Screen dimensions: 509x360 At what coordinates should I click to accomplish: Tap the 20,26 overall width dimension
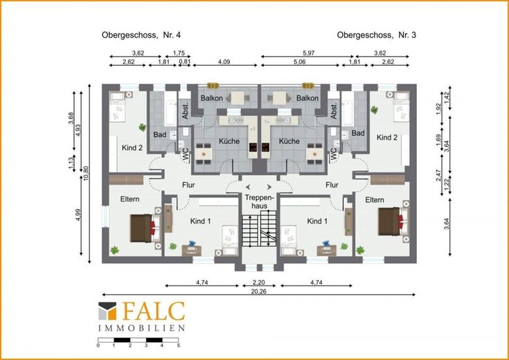pos(259,291)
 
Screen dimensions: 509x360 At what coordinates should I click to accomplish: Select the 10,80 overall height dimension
pos(86,174)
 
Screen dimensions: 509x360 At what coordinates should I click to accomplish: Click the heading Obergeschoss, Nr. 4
pos(141,35)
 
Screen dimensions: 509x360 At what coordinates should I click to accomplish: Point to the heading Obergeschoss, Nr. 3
pos(377,35)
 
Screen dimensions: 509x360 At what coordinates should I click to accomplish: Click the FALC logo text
pos(153,311)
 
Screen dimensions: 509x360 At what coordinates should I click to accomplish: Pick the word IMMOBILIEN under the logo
pos(141,328)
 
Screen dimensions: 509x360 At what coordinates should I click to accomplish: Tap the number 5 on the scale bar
pos(179,345)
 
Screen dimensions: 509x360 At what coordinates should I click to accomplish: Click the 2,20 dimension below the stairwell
pos(259,282)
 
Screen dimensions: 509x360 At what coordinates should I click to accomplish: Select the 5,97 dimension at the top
pos(308,53)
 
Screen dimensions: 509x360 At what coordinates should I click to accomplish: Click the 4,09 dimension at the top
pos(224,62)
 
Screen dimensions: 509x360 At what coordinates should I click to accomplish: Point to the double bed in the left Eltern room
pos(145,228)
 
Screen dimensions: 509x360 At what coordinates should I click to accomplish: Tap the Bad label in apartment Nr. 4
pos(160,134)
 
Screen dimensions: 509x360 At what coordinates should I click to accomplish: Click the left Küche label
pos(229,141)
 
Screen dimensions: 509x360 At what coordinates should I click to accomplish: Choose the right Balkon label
pos(307,98)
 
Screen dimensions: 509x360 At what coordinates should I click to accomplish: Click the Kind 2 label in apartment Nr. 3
pos(387,138)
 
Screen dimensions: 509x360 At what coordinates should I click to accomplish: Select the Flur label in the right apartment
pos(332,185)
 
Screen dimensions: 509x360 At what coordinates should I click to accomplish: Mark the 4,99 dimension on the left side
pos(78,215)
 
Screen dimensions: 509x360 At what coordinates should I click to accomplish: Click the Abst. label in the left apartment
pos(186,111)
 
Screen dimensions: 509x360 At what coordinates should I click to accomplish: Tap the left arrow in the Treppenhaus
pos(248,187)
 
